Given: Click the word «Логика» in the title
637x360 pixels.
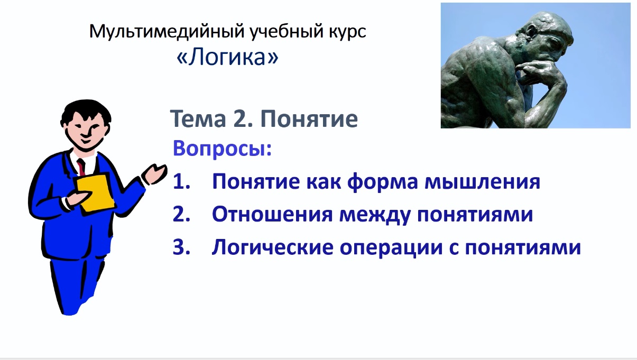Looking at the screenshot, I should coord(227,58).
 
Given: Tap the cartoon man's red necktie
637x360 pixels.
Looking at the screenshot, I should coord(81,167).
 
